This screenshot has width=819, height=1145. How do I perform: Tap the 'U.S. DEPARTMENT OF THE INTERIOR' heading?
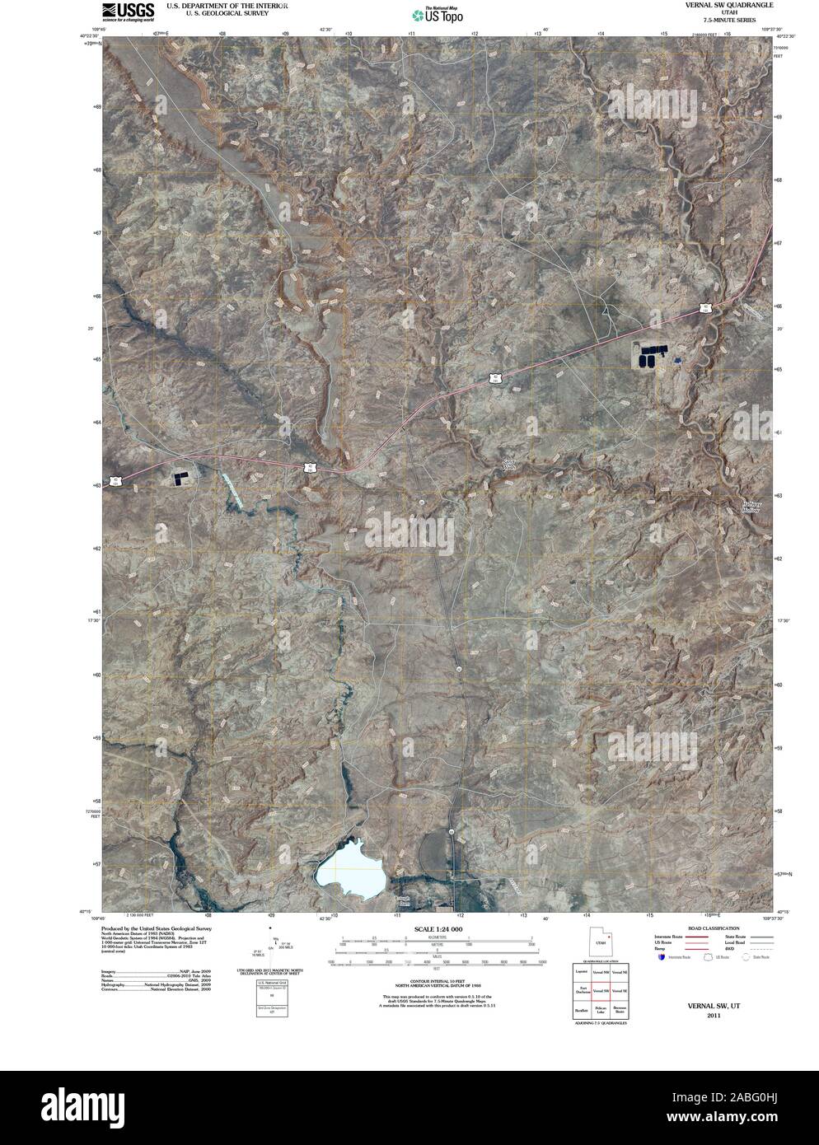pyautogui.click(x=227, y=5)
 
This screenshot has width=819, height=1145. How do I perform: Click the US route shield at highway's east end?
pyautogui.click(x=706, y=308)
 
